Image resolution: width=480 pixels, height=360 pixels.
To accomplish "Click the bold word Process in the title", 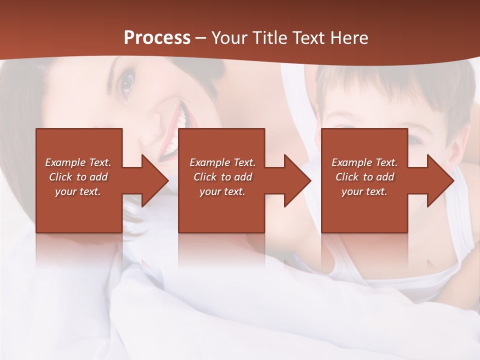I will (157, 38).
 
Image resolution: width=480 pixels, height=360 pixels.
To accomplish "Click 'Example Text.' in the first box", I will (78, 162).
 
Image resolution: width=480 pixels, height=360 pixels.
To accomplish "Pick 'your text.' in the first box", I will (78, 191).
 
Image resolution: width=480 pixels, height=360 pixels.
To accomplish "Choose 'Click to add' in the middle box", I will (222, 177).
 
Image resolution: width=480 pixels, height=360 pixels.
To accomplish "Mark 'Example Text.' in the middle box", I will (222, 162).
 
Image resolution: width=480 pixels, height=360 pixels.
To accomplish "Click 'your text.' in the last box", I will (364, 191).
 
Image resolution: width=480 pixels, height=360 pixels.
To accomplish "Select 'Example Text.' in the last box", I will (364, 162).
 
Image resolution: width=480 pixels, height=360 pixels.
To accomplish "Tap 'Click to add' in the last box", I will (364, 177).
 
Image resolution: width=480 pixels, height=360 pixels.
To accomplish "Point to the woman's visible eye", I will (127, 82).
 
